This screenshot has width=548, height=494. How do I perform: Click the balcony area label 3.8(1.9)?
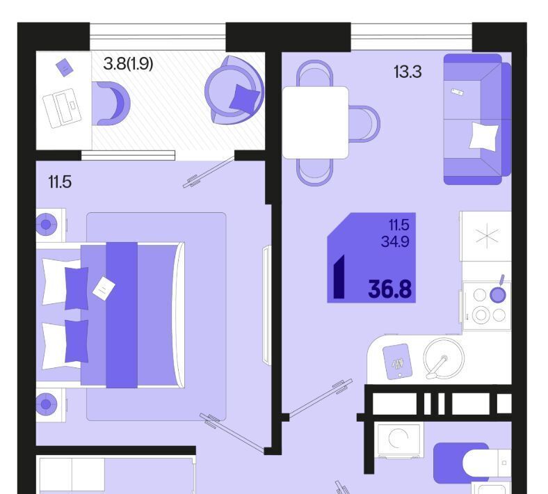(128, 64)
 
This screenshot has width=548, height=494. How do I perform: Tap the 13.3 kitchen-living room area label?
(408, 72)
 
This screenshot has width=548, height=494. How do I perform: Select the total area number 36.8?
(389, 289)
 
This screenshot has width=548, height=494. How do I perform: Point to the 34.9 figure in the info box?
(395, 241)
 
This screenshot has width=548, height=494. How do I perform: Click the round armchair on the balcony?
(234, 90)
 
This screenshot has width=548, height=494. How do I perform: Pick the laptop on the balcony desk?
(62, 108)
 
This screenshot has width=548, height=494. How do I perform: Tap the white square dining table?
(316, 122)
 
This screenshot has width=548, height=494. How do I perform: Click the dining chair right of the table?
(364, 124)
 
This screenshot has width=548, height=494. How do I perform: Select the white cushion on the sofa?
(484, 136)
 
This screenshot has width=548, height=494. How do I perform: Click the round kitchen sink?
(444, 358)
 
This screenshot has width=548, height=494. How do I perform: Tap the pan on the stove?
(498, 292)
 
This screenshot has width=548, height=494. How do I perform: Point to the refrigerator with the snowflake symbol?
(486, 237)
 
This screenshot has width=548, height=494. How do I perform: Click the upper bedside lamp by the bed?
(46, 225)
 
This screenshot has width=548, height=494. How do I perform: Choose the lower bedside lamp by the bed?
(46, 404)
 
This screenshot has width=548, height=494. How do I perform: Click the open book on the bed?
(104, 288)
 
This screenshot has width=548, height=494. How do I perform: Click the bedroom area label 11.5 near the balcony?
(60, 182)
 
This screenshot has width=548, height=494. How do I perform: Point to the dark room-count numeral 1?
(339, 276)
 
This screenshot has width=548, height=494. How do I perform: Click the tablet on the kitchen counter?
(397, 362)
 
